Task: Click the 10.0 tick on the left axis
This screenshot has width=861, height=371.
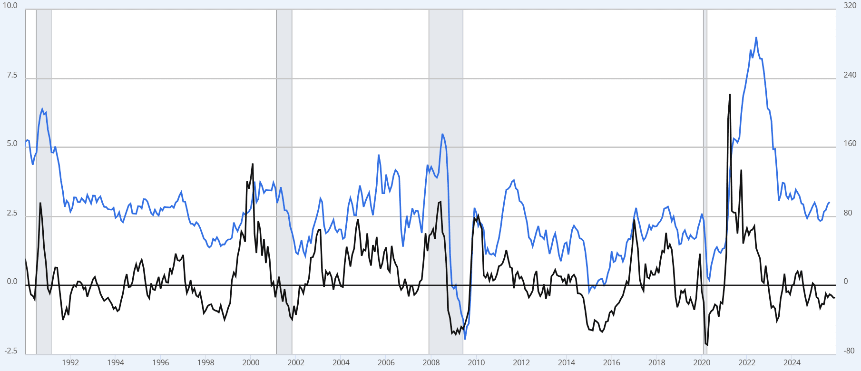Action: [x=10, y=6]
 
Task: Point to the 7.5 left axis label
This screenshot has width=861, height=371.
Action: [x=12, y=75]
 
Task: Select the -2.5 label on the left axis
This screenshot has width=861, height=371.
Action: [x=11, y=351]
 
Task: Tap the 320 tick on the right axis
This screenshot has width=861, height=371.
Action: [x=850, y=6]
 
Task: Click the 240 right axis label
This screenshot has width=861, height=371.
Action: [x=850, y=75]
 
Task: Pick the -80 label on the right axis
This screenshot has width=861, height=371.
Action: [x=849, y=351]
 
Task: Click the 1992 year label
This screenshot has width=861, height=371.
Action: [x=70, y=362]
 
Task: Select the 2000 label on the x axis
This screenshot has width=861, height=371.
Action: [x=251, y=362]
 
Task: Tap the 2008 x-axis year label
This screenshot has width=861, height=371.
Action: [x=431, y=362]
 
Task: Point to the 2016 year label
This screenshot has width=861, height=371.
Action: [x=611, y=362]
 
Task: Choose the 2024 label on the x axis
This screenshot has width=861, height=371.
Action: [x=792, y=362]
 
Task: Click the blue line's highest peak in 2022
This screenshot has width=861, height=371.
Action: [x=756, y=38]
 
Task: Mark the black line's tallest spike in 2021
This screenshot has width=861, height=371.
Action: [x=730, y=95]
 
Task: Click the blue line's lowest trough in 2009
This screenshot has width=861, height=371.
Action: [x=465, y=339]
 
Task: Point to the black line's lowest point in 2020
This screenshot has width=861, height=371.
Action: [x=707, y=345]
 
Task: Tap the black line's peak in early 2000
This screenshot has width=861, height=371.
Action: [x=253, y=164]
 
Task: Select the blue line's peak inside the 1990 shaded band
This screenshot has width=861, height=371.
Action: [x=42, y=109]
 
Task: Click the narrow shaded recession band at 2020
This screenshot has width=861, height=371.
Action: [x=705, y=181]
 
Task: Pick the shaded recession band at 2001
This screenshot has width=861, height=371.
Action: [x=284, y=181]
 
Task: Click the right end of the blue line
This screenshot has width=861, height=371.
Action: [x=829, y=202]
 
